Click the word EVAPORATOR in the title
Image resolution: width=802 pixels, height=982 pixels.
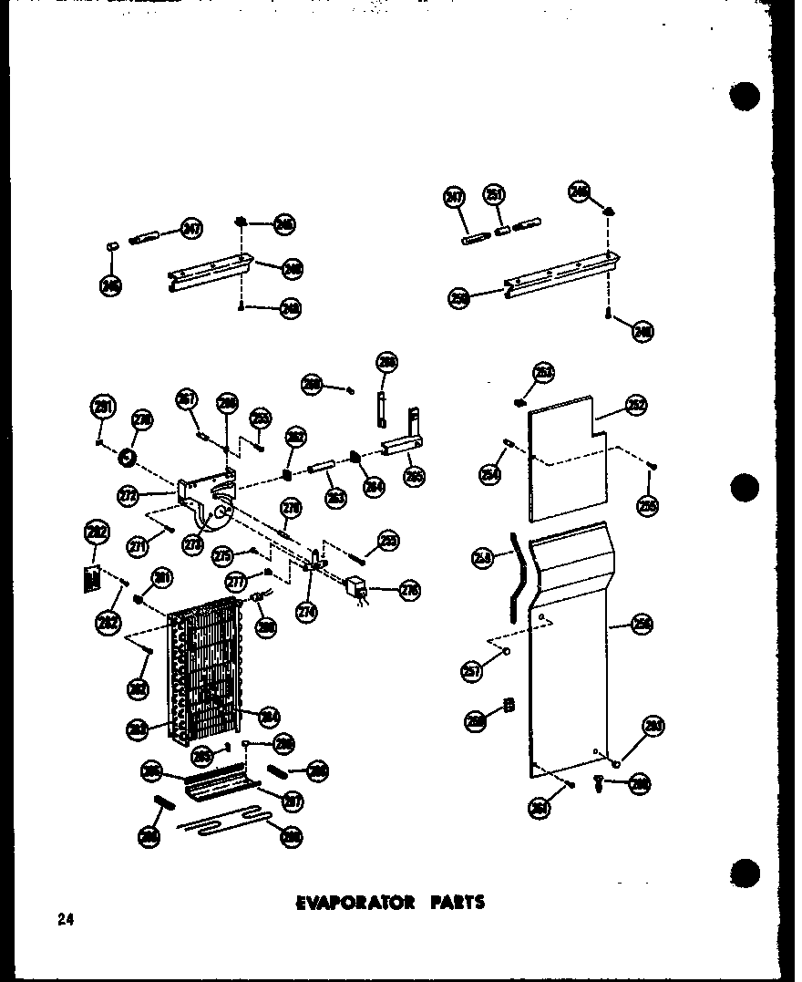click(355, 903)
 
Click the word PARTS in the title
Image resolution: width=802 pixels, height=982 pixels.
click(453, 903)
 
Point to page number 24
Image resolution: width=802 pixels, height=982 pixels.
click(64, 919)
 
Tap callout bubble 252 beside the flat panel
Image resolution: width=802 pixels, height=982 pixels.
click(636, 407)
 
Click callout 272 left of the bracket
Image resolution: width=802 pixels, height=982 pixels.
click(129, 495)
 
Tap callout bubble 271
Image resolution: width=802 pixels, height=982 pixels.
click(139, 546)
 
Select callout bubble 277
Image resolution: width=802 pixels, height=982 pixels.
click(237, 581)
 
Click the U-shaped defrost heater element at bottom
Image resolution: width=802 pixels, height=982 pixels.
click(228, 824)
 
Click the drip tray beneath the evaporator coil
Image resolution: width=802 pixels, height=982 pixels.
click(219, 785)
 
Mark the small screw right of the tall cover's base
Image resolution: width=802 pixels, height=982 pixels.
click(598, 781)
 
